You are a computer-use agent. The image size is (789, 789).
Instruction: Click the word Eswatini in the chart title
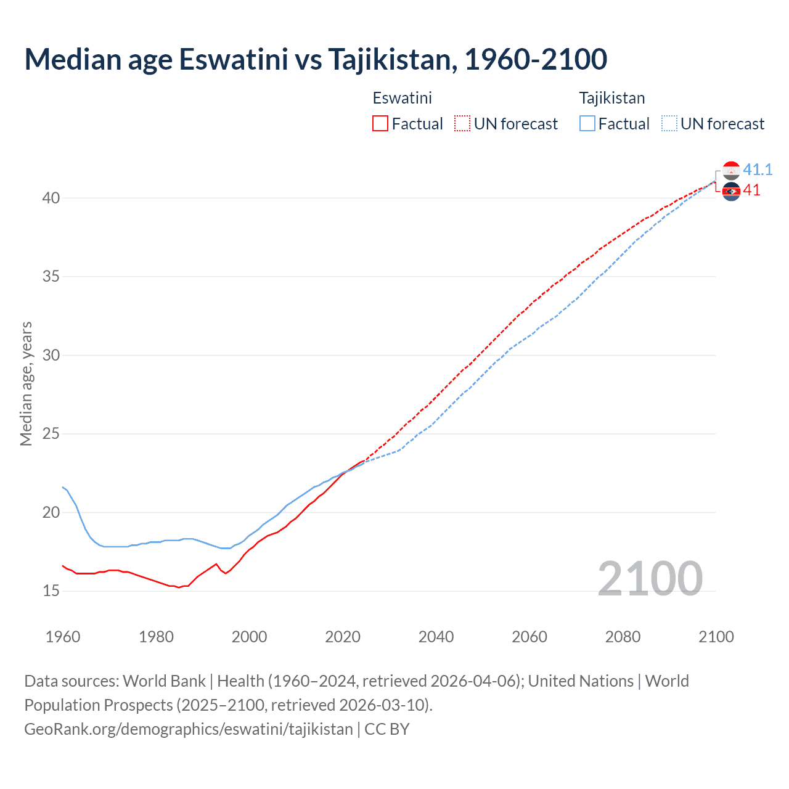[233, 59]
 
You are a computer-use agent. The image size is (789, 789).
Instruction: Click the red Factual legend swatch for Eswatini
[380, 124]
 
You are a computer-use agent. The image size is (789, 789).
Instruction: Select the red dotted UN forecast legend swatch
[462, 124]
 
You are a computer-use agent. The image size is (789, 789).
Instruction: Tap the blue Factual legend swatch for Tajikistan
[587, 124]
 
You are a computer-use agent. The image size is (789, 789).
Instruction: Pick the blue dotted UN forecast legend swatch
[669, 124]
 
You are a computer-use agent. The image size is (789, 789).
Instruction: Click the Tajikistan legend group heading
[611, 98]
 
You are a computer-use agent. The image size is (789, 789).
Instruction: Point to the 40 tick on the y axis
[51, 198]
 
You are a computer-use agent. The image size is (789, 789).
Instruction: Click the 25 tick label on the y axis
[51, 434]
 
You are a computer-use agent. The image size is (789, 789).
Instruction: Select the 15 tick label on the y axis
[51, 591]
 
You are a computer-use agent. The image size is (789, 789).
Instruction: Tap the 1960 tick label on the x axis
[63, 637]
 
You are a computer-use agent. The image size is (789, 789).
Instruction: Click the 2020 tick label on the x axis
[343, 637]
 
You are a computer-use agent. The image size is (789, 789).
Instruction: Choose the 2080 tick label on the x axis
[623, 637]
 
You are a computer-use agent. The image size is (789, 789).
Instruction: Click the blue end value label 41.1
[758, 170]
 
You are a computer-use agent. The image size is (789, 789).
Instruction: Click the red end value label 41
[751, 190]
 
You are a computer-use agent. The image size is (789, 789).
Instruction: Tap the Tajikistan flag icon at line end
[731, 170]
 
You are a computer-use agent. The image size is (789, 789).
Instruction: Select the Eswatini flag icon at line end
[731, 192]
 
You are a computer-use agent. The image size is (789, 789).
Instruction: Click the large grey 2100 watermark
[650, 579]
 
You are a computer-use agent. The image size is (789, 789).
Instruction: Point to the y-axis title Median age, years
[26, 383]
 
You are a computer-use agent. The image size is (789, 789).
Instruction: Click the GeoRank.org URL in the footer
[188, 729]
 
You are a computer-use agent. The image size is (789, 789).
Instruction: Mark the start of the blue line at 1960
[63, 487]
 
